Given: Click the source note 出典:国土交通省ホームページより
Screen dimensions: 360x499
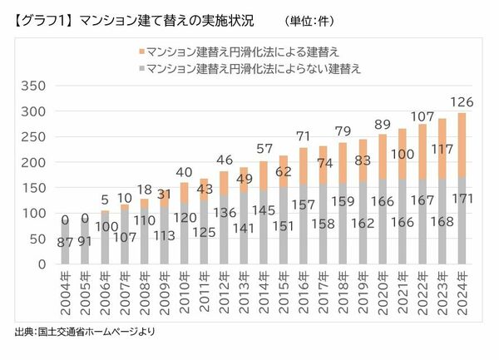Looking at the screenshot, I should click(84, 332).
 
